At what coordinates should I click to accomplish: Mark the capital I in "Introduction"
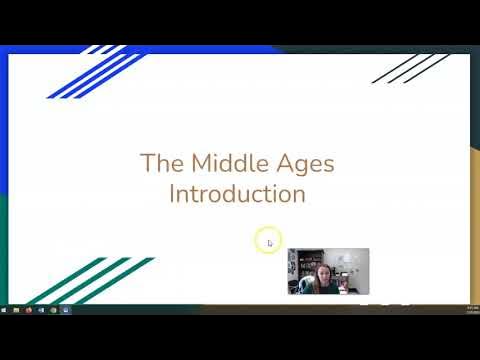172,192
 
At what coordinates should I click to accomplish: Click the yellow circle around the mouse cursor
267,240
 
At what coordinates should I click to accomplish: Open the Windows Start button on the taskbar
6,310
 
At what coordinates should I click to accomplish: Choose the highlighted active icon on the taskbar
65,310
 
